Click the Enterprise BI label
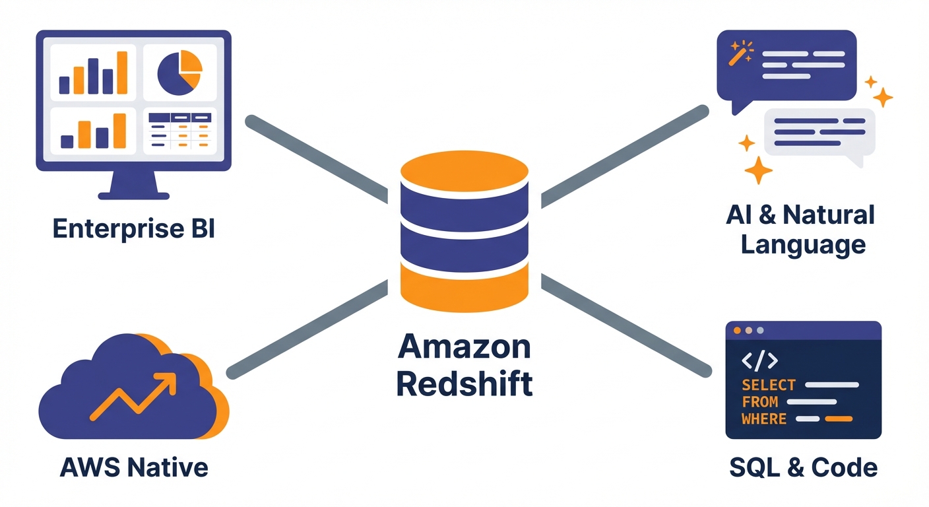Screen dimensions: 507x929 coord(133,229)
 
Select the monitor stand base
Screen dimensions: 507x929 coord(134,195)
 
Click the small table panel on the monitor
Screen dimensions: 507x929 coord(179,130)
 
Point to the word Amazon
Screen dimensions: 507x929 coord(464,347)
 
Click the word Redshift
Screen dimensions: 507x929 coord(464,384)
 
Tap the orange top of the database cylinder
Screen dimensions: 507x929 coord(464,168)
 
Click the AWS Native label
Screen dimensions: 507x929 coord(134,467)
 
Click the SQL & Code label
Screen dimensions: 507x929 coord(804,467)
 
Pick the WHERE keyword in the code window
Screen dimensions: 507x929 coord(764,419)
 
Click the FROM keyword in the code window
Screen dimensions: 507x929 coord(760,402)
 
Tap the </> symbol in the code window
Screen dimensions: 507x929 coord(760,360)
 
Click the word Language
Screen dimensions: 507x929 coord(803,245)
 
